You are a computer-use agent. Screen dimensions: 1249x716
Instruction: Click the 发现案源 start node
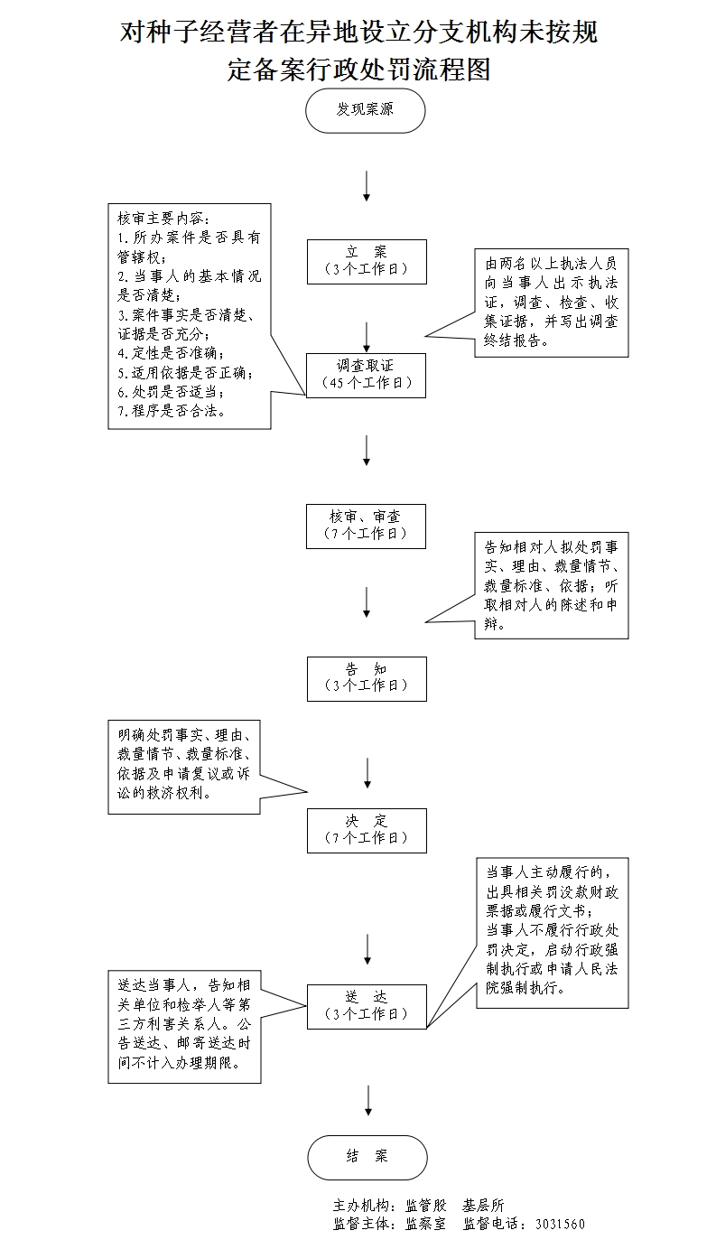coord(365,110)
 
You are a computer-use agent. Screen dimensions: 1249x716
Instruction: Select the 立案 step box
coord(366,260)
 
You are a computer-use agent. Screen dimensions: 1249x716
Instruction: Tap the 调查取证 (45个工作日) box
coord(366,374)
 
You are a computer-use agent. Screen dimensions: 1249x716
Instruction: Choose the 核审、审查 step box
coord(366,525)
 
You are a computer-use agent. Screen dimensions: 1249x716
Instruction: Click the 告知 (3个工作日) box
coord(366,676)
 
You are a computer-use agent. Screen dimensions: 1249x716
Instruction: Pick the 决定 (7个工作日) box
coord(366,829)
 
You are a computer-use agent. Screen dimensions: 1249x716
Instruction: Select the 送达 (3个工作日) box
coord(366,1005)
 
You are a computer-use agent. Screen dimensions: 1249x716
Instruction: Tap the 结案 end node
coord(366,1157)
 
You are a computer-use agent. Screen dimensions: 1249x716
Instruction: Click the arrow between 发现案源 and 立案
coord(366,185)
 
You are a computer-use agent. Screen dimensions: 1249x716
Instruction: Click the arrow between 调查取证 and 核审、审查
coord(367,450)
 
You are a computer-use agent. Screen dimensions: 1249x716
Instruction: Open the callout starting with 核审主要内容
coord(189,315)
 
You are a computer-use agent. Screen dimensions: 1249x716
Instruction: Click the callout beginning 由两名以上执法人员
coord(551,303)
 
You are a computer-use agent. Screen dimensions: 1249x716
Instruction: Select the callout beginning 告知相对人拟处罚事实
coord(551,585)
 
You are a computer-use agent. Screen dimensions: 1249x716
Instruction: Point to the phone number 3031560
coord(560,1225)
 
